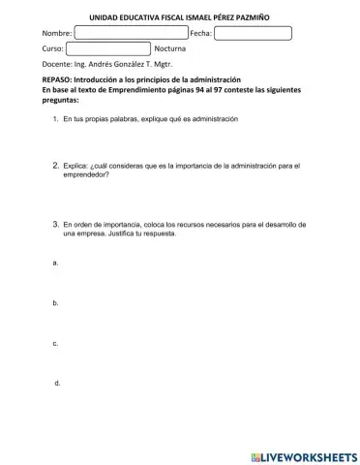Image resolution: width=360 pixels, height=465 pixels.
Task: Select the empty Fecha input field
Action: pyautogui.click(x=253, y=33)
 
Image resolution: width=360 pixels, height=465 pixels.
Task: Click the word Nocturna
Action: pyautogui.click(x=173, y=48)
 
